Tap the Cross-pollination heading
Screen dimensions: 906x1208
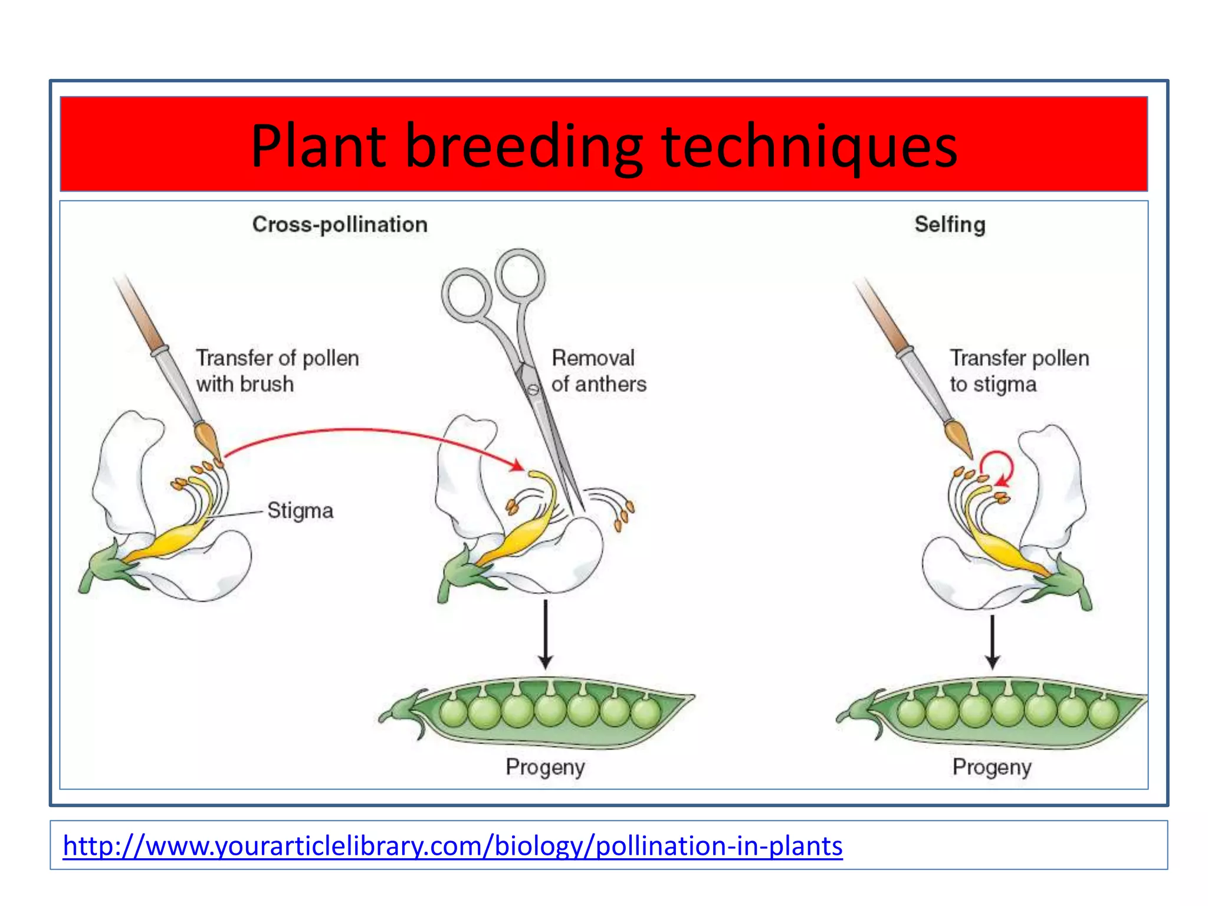(x=340, y=225)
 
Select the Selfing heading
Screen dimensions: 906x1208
(x=950, y=225)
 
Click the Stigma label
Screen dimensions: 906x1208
(x=300, y=510)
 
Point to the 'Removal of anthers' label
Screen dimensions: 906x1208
(x=598, y=371)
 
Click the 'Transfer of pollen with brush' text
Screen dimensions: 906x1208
(x=277, y=371)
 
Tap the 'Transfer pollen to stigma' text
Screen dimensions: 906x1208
(x=1019, y=371)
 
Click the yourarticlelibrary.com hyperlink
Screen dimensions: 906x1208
(x=452, y=846)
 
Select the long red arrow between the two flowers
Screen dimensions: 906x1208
(x=366, y=431)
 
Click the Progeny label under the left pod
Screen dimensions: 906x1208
(x=545, y=767)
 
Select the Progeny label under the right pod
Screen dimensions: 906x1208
(x=992, y=767)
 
